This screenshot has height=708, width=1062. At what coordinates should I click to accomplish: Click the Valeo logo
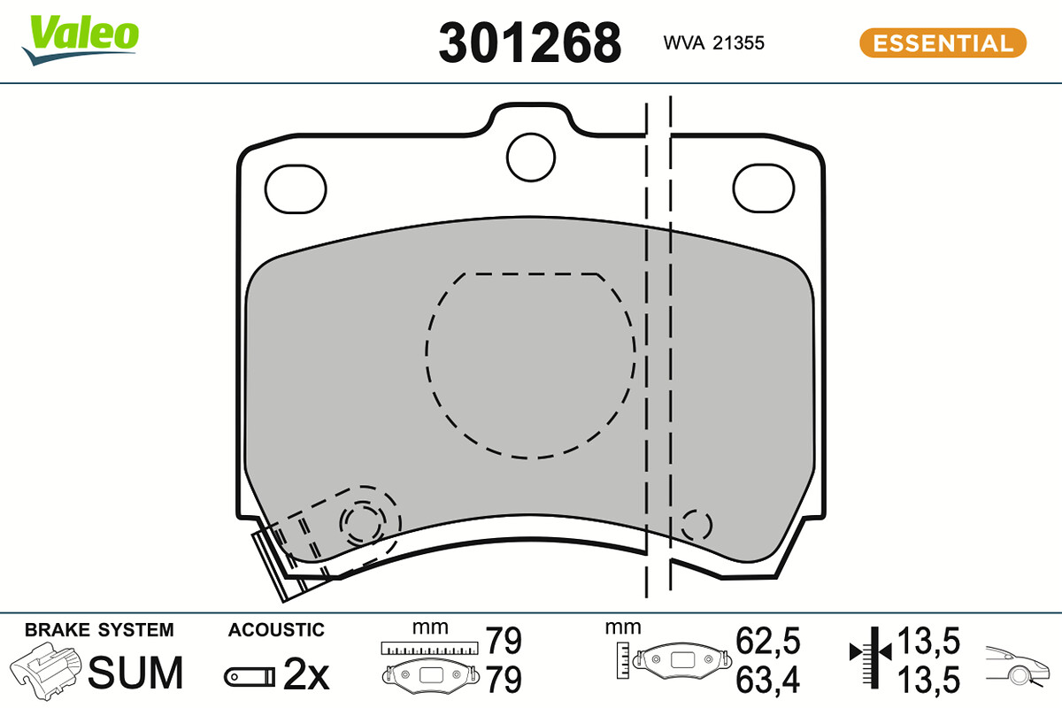click(x=81, y=40)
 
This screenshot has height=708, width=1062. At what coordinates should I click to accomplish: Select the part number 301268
click(x=529, y=42)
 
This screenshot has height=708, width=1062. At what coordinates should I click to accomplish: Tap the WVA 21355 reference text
click(x=713, y=42)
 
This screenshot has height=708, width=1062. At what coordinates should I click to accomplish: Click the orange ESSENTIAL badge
click(x=943, y=42)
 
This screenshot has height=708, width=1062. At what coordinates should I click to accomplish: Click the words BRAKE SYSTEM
click(x=99, y=630)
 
